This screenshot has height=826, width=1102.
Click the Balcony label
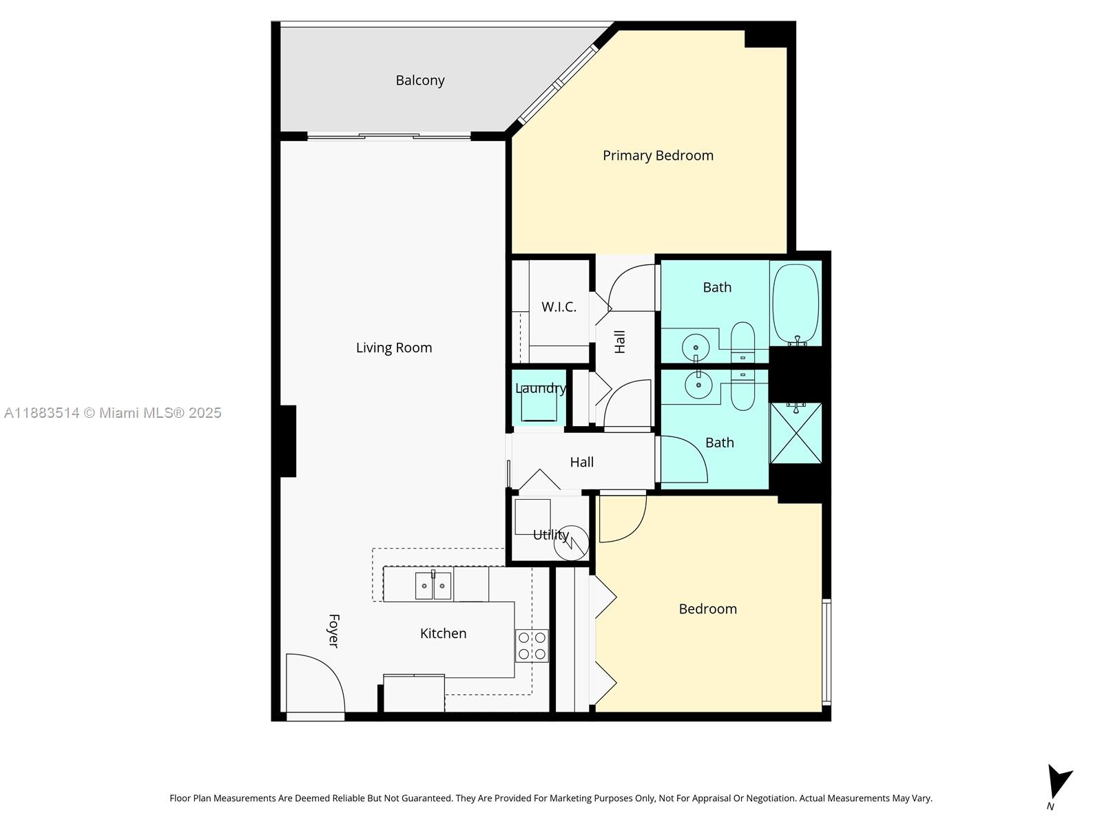tap(420, 81)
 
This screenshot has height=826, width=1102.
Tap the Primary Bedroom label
tap(658, 156)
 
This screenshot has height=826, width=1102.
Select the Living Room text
tap(394, 348)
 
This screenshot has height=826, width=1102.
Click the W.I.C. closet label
tap(559, 307)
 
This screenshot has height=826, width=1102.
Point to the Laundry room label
tap(541, 388)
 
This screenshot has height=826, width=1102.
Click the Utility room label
tap(550, 535)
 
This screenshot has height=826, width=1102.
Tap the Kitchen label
tap(443, 633)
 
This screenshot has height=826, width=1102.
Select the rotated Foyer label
tap(333, 631)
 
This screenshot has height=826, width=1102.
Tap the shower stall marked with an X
tap(796, 433)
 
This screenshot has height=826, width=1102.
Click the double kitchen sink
tap(433, 586)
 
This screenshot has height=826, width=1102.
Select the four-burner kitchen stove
tap(532, 646)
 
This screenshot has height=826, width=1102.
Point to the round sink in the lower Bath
tap(698, 385)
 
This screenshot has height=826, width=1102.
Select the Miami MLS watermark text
tap(113, 413)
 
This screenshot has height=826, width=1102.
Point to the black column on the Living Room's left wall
tap(287, 441)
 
